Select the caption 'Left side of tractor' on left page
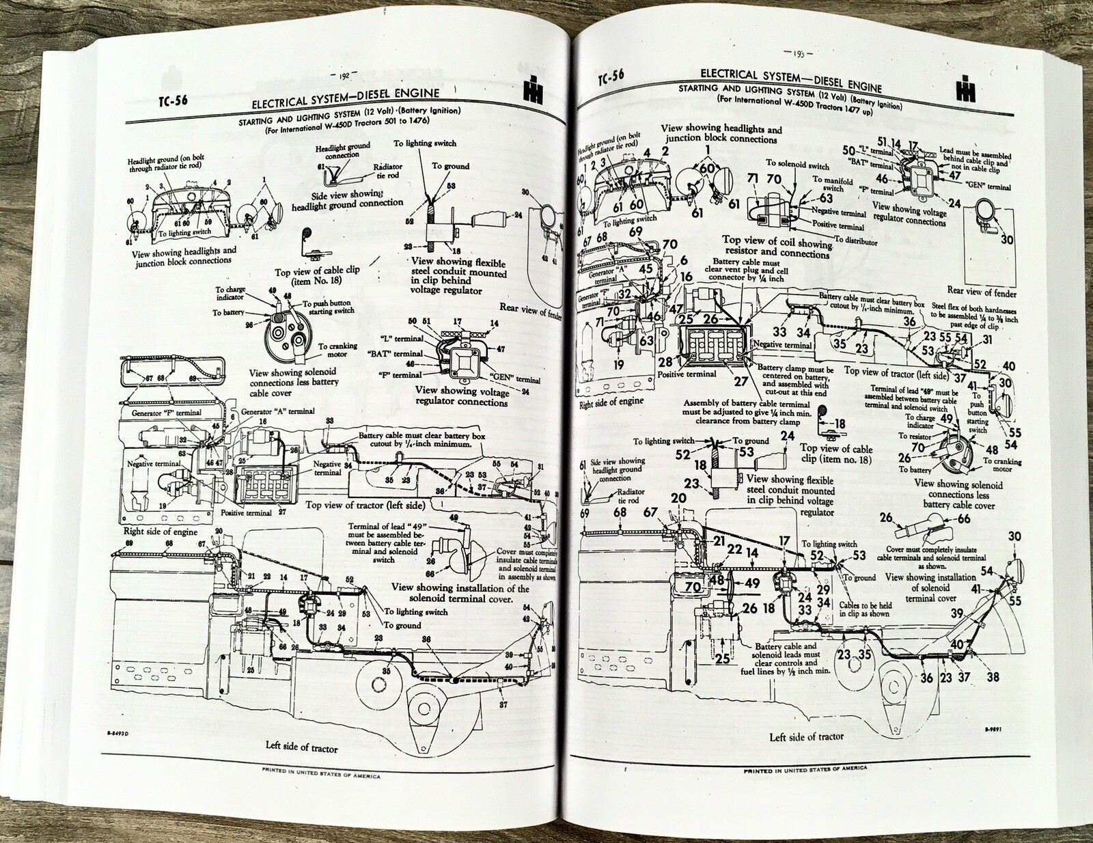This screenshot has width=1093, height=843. coord(301,747)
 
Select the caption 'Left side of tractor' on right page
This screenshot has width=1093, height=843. coord(806,736)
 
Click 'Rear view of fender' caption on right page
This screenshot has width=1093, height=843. coord(982,292)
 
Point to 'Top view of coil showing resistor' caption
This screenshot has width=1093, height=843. coord(777,247)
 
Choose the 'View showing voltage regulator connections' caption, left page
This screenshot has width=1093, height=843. coord(462,396)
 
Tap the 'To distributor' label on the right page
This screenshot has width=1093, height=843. coord(851,241)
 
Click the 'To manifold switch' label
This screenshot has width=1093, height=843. coord(832,184)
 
